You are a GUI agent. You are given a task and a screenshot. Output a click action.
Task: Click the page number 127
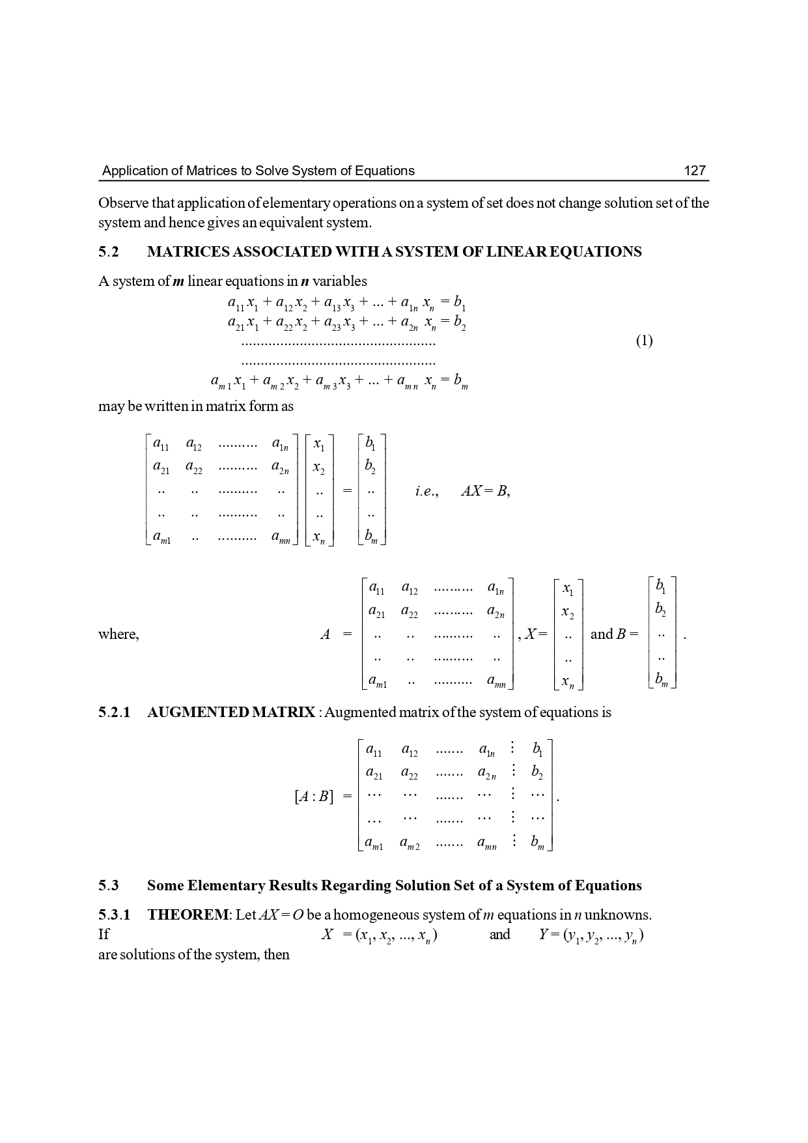[x=695, y=171]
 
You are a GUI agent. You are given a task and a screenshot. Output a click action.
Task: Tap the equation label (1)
[x=644, y=341]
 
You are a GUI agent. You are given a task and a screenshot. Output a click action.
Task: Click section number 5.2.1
[x=114, y=712]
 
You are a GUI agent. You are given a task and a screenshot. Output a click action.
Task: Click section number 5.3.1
[x=114, y=914]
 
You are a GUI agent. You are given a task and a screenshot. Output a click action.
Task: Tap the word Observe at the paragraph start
[x=121, y=203]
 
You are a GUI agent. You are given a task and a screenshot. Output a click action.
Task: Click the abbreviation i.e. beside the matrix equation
[x=426, y=492]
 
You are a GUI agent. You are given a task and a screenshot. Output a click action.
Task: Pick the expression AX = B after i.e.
[x=484, y=492]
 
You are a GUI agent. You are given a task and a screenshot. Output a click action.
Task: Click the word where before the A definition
[x=118, y=634]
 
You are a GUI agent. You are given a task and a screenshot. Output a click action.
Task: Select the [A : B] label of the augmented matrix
[x=313, y=796]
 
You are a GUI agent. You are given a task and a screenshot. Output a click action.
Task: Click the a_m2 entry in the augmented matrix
[x=409, y=843]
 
